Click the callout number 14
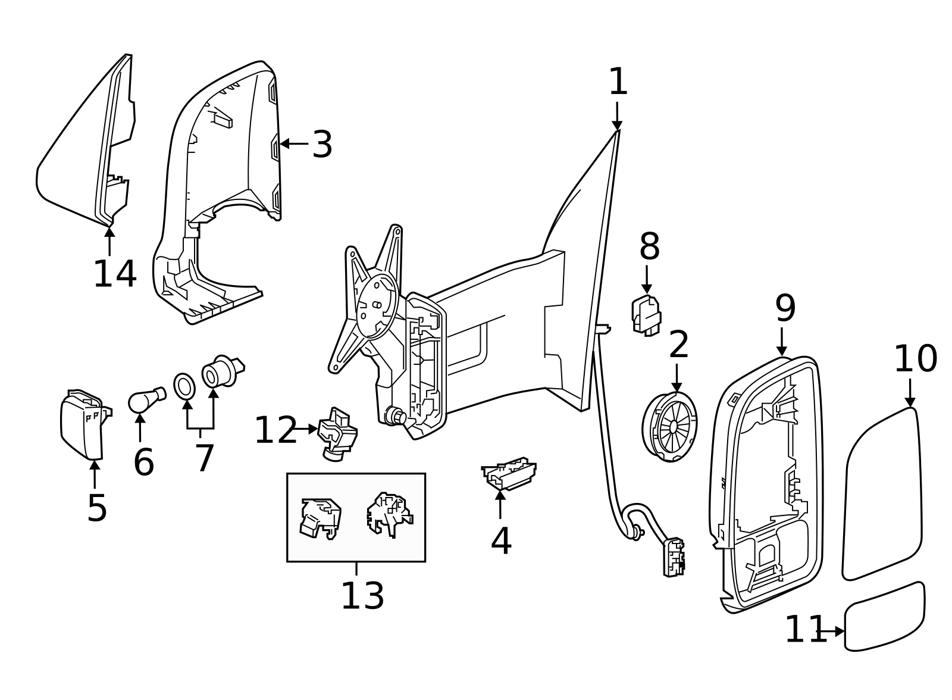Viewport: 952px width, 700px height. coord(115,274)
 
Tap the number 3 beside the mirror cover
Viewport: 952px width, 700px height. coord(322,145)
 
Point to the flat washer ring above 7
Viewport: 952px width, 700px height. coord(184,386)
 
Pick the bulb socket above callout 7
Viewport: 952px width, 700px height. coord(220,371)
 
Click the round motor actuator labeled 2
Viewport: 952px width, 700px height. coord(670,426)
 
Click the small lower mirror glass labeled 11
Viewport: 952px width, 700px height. coord(885,617)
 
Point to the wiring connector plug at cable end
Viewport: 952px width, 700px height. coord(674,557)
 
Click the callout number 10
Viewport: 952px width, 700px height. coord(915,359)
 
